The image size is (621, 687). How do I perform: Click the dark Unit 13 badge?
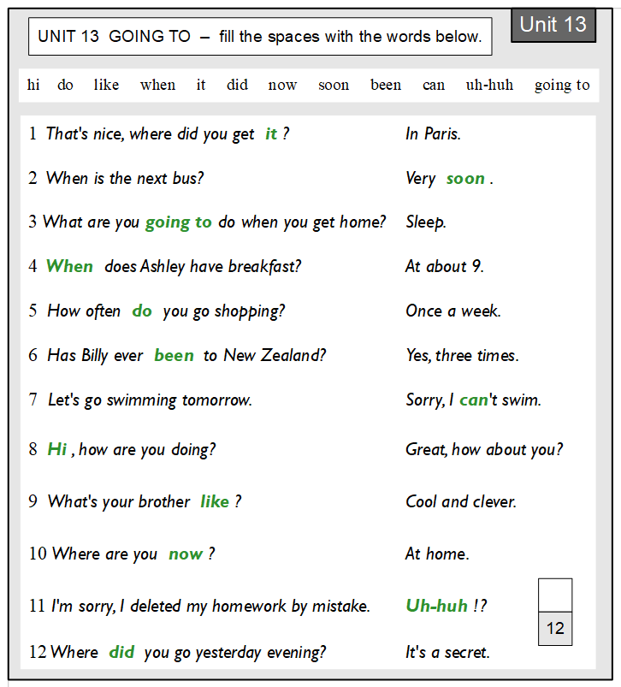click(x=553, y=25)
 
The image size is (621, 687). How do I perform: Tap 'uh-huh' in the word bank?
click(x=489, y=85)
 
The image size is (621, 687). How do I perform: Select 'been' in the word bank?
click(x=386, y=85)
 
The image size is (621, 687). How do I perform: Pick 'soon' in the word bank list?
click(x=334, y=85)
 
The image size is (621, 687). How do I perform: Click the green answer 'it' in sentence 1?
click(x=271, y=133)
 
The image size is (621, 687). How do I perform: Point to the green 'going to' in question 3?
click(x=178, y=222)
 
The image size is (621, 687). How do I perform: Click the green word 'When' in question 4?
click(x=69, y=266)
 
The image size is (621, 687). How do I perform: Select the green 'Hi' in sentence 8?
click(x=57, y=449)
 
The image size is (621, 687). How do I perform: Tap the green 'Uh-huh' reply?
click(x=436, y=606)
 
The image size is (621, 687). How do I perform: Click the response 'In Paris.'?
click(x=433, y=133)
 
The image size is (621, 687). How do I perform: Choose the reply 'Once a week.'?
click(x=452, y=311)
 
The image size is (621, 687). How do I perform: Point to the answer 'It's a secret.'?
click(x=447, y=652)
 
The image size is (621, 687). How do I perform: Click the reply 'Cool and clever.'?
click(x=460, y=501)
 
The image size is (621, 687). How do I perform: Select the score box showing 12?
click(x=555, y=629)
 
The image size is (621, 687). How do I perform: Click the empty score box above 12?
click(x=555, y=595)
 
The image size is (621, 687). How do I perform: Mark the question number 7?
click(x=33, y=400)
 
